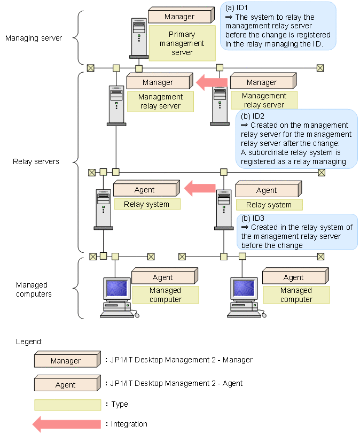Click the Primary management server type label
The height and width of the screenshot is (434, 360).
pos(182,44)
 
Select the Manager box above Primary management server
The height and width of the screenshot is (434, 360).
pos(179,17)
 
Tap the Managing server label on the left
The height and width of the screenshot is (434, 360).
pos(33,38)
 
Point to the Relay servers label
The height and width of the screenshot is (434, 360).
pos(36,161)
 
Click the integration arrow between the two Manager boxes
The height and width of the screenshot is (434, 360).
pos(212,82)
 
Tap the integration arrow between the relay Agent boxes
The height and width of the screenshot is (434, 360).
pos(200,188)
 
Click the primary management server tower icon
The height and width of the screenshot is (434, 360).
pos(138,37)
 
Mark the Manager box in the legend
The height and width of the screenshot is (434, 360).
pos(66,360)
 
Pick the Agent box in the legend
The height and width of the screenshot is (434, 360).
pos(66,384)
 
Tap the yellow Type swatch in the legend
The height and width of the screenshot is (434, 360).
pos(67,405)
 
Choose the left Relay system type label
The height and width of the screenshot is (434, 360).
pos(147,204)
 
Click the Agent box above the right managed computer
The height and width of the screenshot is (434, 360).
pos(293,277)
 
